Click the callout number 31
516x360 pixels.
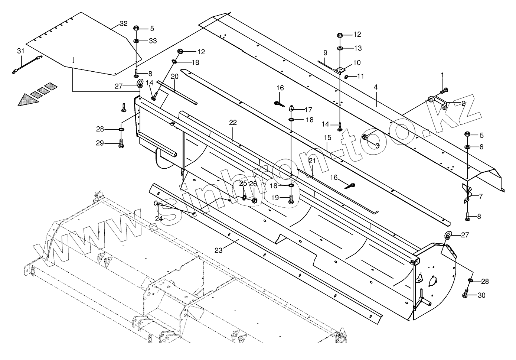[x=20, y=51]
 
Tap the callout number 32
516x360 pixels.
[x=124, y=23]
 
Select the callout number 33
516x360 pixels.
[x=153, y=41]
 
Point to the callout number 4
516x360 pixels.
[x=376, y=87]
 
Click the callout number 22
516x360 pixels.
[x=233, y=122]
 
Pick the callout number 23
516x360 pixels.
[x=218, y=250]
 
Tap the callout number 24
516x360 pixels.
[x=159, y=219]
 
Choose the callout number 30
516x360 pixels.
[x=481, y=295]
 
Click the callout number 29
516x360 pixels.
[x=100, y=143]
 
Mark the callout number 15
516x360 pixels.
[x=327, y=137]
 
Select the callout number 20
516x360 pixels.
[x=175, y=76]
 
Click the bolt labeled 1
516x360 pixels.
[x=443, y=90]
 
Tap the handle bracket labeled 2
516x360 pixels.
[x=437, y=102]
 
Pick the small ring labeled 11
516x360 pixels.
[x=346, y=77]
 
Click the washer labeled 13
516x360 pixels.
[x=340, y=48]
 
